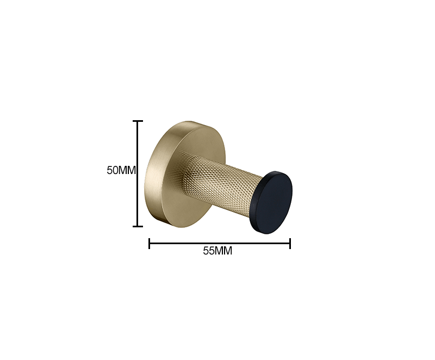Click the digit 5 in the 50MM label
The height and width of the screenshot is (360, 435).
pyautogui.click(x=109, y=170)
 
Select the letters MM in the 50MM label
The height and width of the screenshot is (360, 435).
pyautogui.click(x=127, y=170)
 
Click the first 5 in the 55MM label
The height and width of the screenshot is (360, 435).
pyautogui.click(x=206, y=251)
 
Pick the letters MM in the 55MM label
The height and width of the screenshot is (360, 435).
pyautogui.click(x=223, y=251)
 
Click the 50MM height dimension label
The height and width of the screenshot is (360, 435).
pyautogui.click(x=121, y=170)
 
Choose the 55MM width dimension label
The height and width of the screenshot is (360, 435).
pyautogui.click(x=217, y=251)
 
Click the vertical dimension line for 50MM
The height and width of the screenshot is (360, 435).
pyautogui.click(x=138, y=173)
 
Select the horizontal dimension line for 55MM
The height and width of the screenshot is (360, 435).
pyautogui.click(x=220, y=244)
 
